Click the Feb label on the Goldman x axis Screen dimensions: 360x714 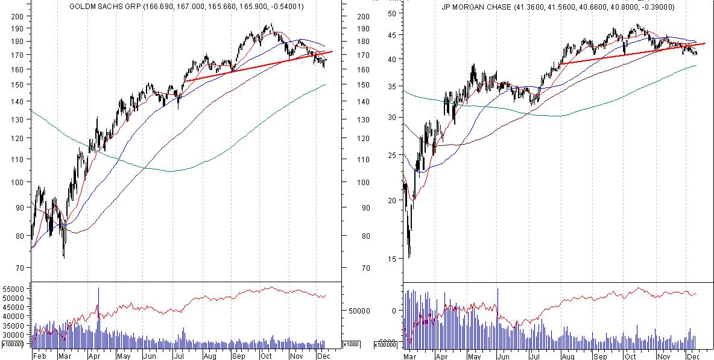39,356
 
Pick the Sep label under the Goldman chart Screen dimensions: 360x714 238,356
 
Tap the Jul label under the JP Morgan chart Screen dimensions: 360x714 534,356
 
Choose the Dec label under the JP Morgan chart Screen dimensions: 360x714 693,356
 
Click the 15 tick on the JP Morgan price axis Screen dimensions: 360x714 393,259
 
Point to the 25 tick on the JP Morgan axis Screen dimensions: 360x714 393,155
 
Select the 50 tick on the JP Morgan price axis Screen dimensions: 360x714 393,13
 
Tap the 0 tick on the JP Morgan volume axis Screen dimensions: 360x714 394,311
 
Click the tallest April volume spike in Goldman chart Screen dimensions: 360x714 99,289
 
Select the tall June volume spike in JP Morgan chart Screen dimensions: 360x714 498,289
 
